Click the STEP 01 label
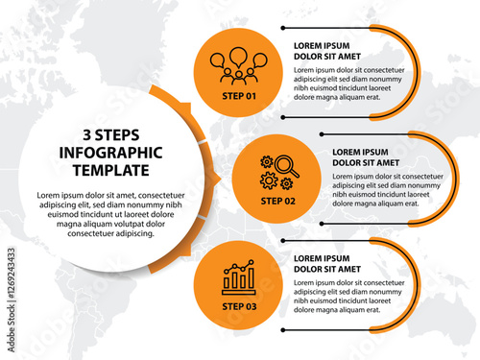click(239, 96)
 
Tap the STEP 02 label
click(277, 201)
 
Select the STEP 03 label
click(239, 306)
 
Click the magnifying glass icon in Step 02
click(287, 166)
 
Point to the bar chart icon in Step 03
click(239, 277)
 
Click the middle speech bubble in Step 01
click(238, 57)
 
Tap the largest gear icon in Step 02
click(269, 180)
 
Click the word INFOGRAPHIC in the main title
click(110, 153)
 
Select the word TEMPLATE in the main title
click(111, 170)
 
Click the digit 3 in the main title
click(87, 135)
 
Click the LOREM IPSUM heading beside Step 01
click(322, 46)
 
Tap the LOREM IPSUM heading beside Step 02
click(360, 152)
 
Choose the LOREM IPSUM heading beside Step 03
click(322, 258)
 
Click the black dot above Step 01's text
click(283, 28)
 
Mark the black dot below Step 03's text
click(283, 330)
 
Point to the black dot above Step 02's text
click(322, 134)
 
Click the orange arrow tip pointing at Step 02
click(221, 179)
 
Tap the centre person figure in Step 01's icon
click(239, 78)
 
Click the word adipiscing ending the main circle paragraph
click(134, 234)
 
